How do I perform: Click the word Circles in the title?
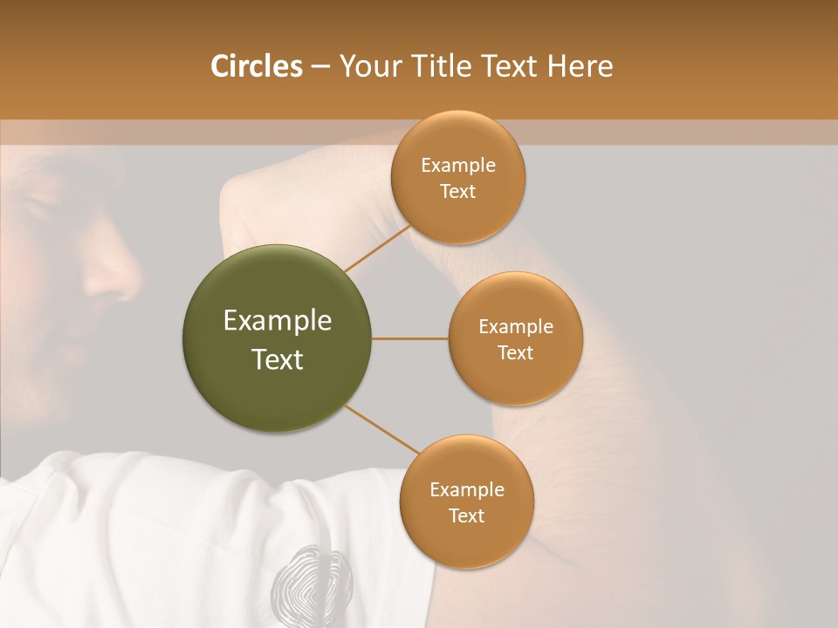point(256,66)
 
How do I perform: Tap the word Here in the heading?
point(580,66)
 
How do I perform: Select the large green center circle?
point(278,338)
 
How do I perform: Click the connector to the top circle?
point(376,249)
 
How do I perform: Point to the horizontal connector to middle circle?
point(409,338)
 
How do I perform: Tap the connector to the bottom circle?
point(381,429)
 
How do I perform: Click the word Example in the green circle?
point(278,320)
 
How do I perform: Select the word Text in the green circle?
point(278,359)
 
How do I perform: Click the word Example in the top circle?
point(457,166)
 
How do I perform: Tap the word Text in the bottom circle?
point(466,515)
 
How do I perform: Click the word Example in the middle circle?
point(515,326)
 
